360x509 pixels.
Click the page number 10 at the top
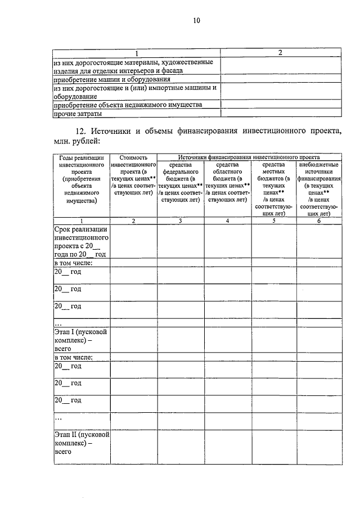(196, 21)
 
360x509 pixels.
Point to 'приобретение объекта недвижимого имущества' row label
(128, 105)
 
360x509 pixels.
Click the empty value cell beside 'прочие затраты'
(281, 114)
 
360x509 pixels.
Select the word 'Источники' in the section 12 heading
(111, 131)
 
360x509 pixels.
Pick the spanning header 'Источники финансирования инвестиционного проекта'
(248, 157)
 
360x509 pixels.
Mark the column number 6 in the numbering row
(319, 221)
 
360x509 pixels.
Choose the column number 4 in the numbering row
(227, 221)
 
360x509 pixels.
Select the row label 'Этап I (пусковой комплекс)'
(80, 340)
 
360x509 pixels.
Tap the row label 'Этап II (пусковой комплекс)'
(81, 443)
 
